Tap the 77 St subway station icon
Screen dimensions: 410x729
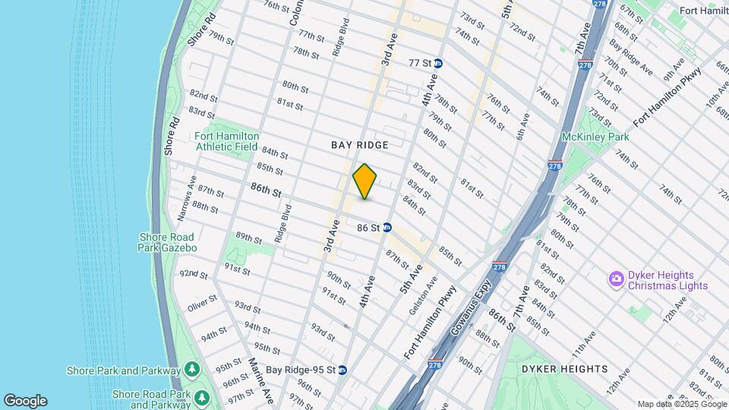(438, 63)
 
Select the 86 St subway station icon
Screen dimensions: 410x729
(387, 227)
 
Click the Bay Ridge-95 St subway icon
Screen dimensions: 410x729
(342, 370)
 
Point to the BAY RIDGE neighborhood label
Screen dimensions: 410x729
(360, 145)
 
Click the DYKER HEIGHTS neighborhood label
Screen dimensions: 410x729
(564, 369)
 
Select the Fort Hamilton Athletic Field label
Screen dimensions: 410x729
(227, 141)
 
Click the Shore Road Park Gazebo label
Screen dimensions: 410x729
(168, 242)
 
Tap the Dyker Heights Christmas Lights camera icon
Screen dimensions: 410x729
(616, 280)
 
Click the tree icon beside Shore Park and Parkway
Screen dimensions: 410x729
(192, 371)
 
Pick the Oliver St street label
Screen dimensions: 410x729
(202, 307)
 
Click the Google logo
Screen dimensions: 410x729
(25, 401)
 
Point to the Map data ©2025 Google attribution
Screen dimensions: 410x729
(680, 405)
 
